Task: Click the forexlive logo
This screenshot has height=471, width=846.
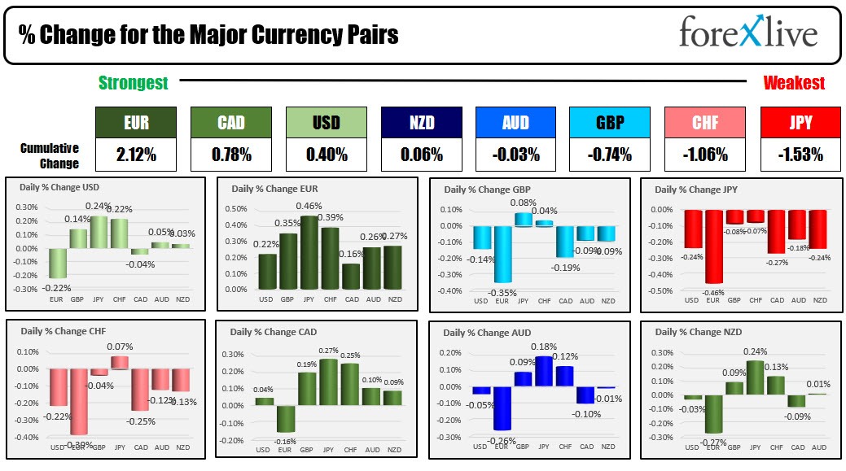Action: click(x=748, y=35)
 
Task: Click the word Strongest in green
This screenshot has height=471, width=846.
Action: click(x=134, y=82)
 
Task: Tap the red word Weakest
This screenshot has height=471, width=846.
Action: click(x=794, y=82)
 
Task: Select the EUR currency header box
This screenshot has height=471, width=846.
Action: click(x=134, y=122)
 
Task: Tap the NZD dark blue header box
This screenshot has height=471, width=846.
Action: click(x=421, y=122)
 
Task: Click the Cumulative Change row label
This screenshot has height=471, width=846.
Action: click(x=50, y=155)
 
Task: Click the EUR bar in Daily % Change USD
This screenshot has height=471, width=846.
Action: click(x=57, y=264)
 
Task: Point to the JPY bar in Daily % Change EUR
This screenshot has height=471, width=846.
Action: click(x=309, y=252)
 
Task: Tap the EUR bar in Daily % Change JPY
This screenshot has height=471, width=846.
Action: click(x=714, y=246)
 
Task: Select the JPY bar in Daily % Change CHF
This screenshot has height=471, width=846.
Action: click(x=120, y=363)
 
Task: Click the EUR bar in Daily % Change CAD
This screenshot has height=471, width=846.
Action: click(x=286, y=419)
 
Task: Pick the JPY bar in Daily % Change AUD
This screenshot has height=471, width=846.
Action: click(x=543, y=371)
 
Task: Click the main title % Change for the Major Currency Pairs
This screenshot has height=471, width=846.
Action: click(x=208, y=36)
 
